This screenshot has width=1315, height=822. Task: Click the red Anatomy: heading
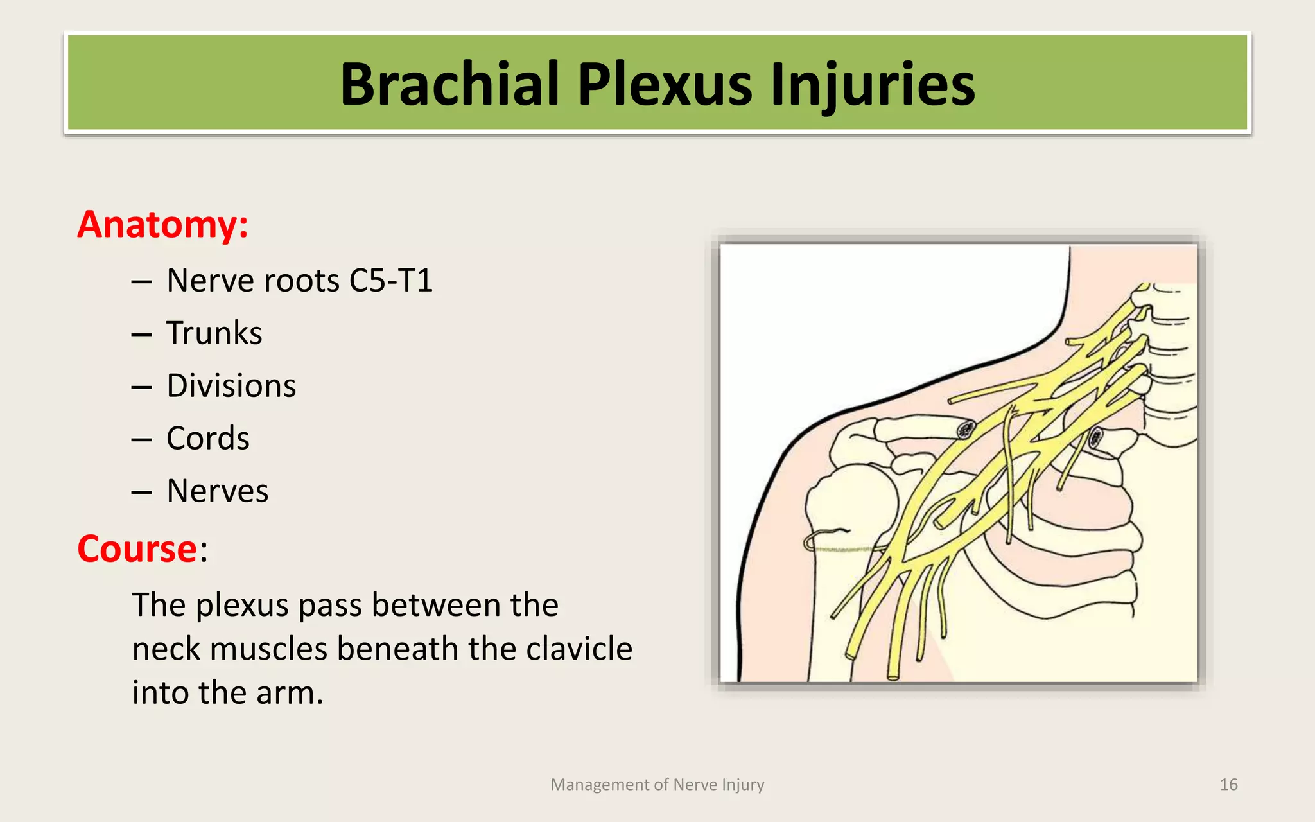(x=162, y=225)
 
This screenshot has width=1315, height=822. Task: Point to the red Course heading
(x=137, y=549)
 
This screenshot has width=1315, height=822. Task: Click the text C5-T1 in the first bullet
(x=390, y=281)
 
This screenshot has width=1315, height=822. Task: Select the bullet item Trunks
(x=214, y=333)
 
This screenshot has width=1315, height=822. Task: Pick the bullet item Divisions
(x=231, y=386)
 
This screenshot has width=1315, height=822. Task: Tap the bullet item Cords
(x=207, y=439)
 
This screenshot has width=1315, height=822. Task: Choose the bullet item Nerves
(x=217, y=491)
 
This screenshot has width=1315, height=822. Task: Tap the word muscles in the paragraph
(x=268, y=649)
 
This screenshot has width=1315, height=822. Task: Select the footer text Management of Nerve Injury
(x=657, y=785)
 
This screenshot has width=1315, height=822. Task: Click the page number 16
(x=1228, y=785)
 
